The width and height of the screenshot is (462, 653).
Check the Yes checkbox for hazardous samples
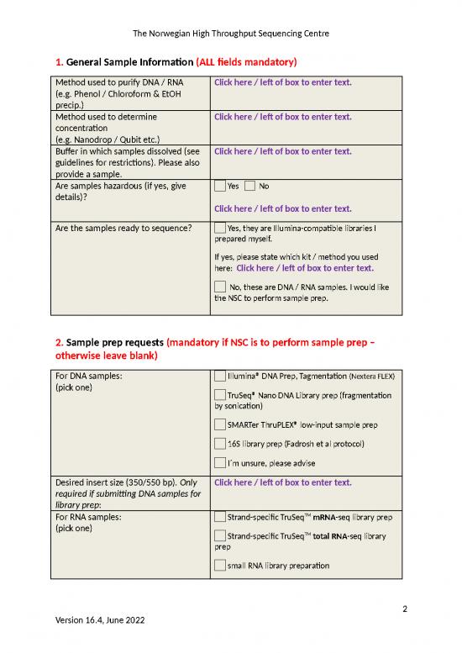[x=220, y=186]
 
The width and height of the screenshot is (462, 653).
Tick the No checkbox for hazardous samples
[x=250, y=186]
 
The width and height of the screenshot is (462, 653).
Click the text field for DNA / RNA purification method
[x=282, y=82]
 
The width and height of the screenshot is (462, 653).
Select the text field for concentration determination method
[x=282, y=117]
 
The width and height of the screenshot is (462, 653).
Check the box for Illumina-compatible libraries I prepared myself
[x=220, y=228]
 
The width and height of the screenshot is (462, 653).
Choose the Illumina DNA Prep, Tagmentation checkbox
[x=220, y=376]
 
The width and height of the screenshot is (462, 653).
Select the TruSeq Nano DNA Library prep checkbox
[x=220, y=395]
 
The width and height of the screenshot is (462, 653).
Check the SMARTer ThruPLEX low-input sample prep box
[x=220, y=424]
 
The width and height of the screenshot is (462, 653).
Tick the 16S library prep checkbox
[x=220, y=444]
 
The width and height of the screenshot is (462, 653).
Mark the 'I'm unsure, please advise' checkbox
[x=220, y=463]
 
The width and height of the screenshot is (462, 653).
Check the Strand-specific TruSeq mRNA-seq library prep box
[x=220, y=516]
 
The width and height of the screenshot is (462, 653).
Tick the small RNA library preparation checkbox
[x=220, y=566]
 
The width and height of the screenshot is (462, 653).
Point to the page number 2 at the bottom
[x=405, y=608]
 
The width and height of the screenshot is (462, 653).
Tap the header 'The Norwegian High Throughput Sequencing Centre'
[x=231, y=34]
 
